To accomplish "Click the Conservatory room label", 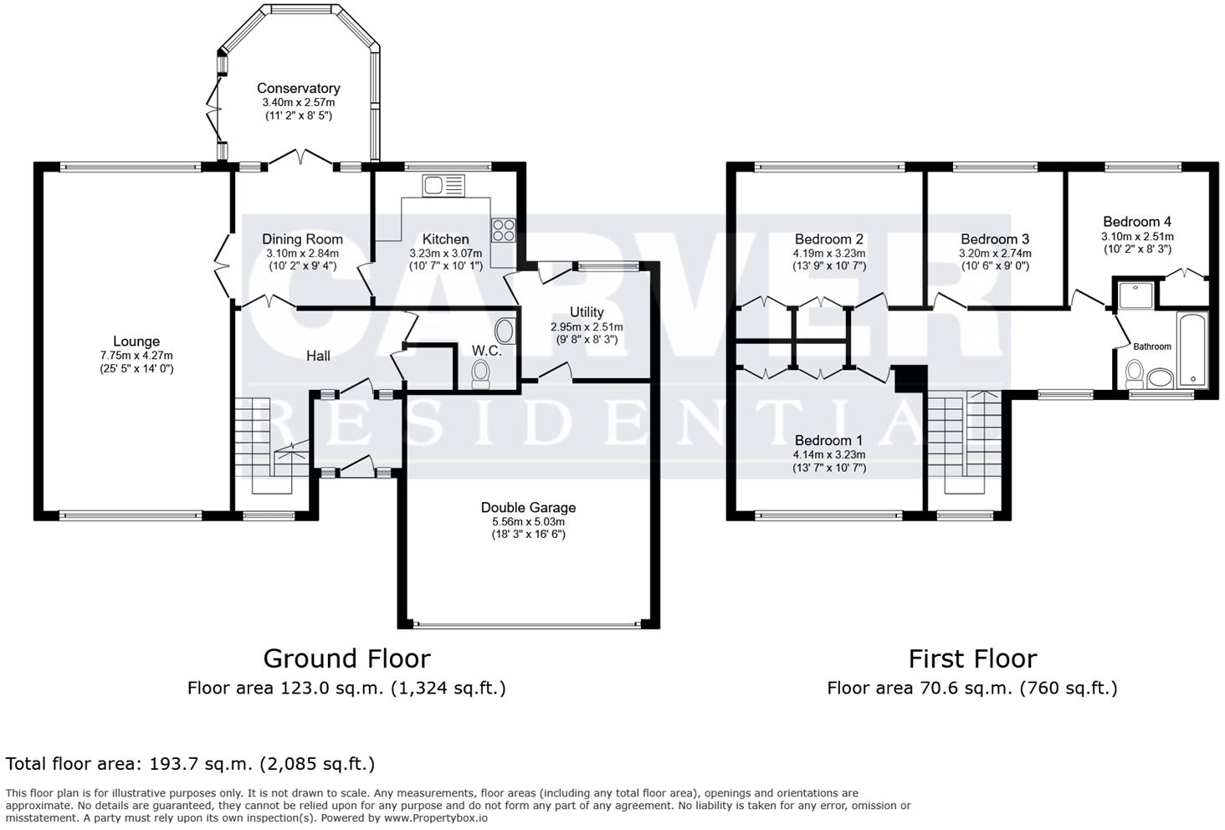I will [298, 88].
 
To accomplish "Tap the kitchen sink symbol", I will [443, 185].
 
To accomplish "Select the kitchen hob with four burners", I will [504, 229].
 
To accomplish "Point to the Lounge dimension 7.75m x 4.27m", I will [136, 356].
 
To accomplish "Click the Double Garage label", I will [528, 507].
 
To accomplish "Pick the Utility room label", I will [587, 312].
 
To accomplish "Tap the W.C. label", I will [486, 351].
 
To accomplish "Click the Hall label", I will [318, 356].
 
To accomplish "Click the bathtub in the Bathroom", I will [1191, 350].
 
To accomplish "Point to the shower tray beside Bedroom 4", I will [1133, 295].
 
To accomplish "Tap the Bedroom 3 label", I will [995, 239].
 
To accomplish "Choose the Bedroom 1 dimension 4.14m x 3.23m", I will [828, 455].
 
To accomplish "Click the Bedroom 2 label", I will [828, 239].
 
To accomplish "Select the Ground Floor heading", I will [346, 658].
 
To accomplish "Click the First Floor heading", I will [972, 658].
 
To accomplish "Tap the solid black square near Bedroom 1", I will [907, 379].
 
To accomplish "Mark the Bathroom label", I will [1152, 346].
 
